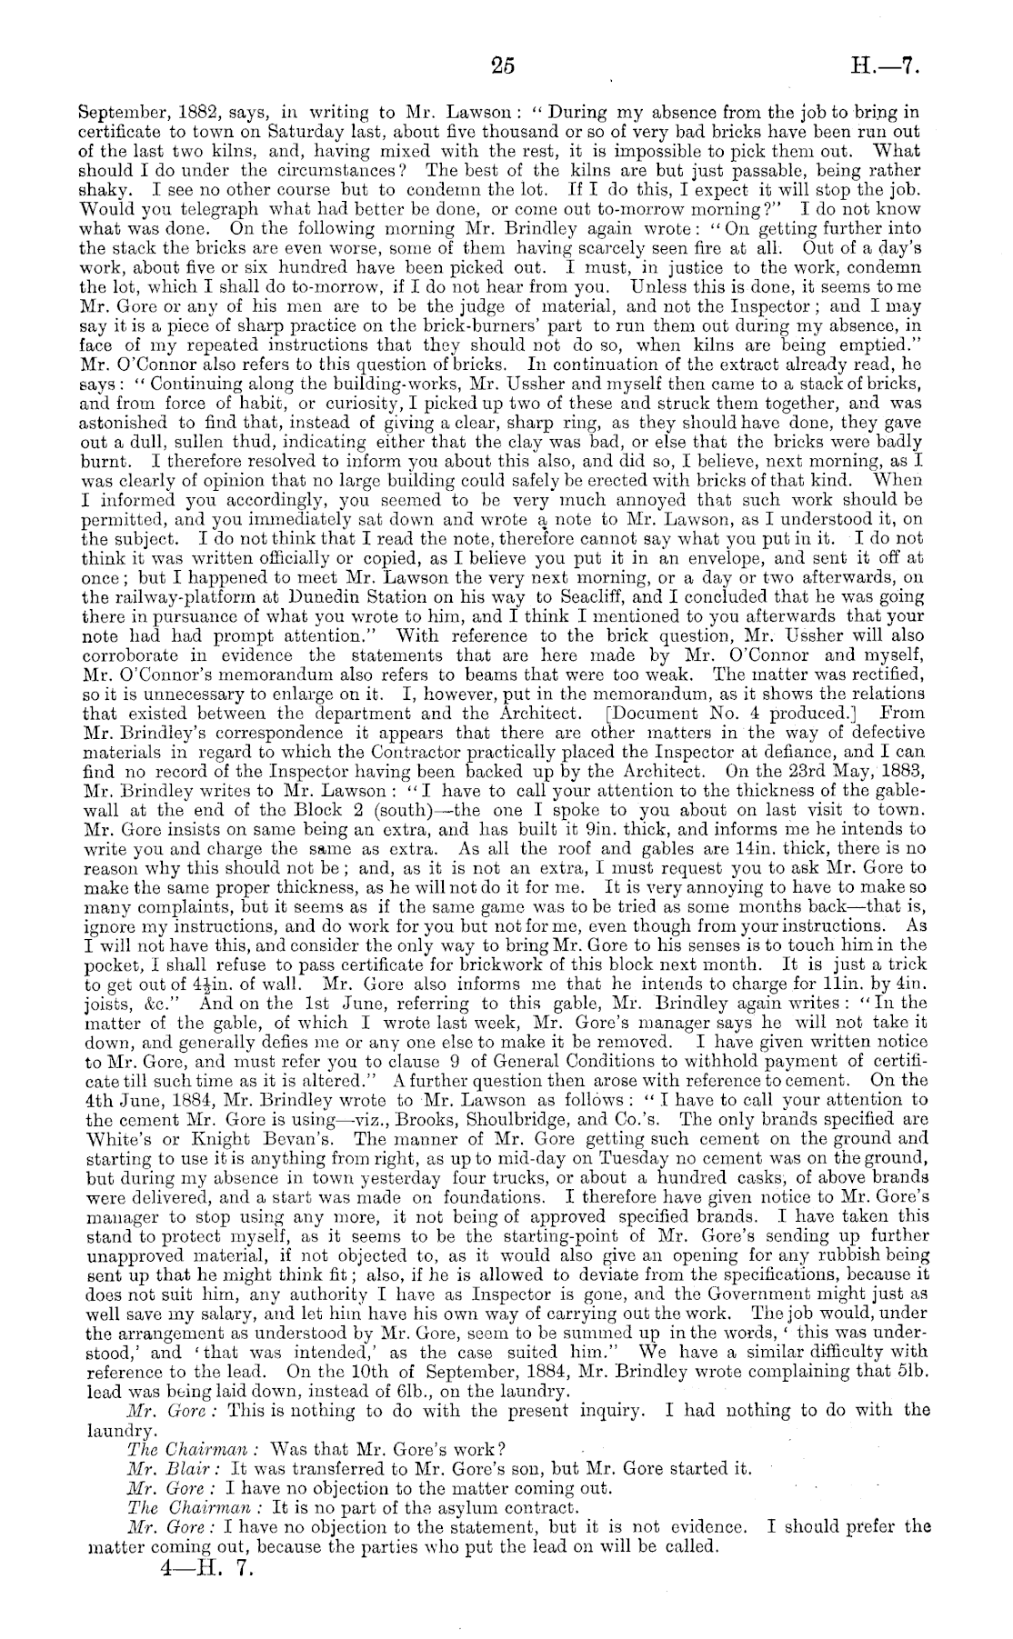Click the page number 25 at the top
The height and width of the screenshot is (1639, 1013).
click(x=502, y=65)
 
